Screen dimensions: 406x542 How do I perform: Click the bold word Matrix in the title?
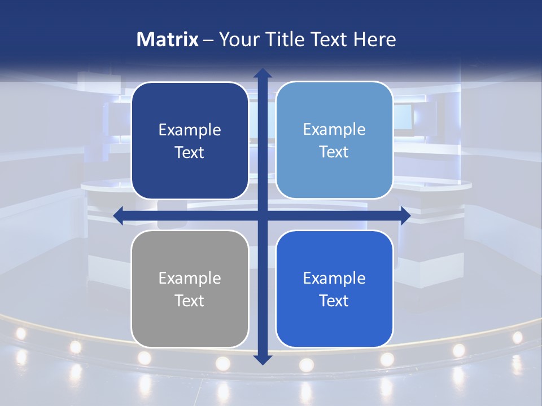pyautogui.click(x=168, y=39)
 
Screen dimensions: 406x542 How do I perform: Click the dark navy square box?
pyautogui.click(x=190, y=140)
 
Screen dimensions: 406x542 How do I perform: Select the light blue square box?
pyautogui.click(x=334, y=140)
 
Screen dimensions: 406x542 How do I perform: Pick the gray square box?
pyautogui.click(x=190, y=289)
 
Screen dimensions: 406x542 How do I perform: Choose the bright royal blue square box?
pyautogui.click(x=334, y=289)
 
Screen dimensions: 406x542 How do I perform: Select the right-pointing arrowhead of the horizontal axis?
pyautogui.click(x=405, y=215)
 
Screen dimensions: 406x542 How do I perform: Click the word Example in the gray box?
pyautogui.click(x=190, y=278)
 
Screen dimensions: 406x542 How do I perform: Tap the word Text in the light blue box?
pyautogui.click(x=334, y=152)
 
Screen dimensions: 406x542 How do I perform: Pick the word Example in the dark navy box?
pyautogui.click(x=190, y=130)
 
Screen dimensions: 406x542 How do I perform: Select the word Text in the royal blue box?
pyautogui.click(x=334, y=301)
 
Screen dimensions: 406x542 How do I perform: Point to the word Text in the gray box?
pyautogui.click(x=190, y=301)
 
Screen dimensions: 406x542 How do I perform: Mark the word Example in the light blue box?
pyautogui.click(x=334, y=129)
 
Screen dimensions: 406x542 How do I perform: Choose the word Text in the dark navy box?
pyautogui.click(x=190, y=152)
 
